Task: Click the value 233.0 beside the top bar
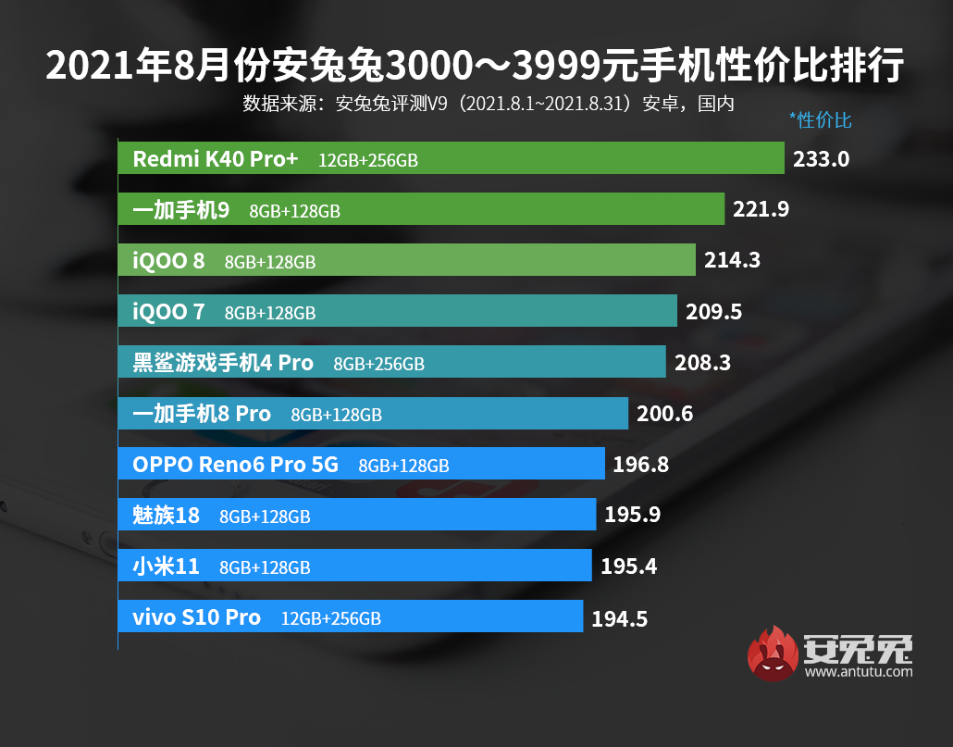coord(821,158)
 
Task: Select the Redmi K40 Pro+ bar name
coord(216,159)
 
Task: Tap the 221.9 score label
coord(761,209)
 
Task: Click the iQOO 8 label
coord(168,261)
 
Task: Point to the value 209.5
coord(713,312)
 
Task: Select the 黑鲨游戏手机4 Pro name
coord(223,363)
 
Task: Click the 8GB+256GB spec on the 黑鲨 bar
coord(378,364)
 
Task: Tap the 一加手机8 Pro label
coord(202,414)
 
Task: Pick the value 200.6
coord(664,414)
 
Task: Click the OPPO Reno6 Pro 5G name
coord(236,465)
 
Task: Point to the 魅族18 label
coord(166,516)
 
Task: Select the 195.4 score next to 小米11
coord(628,566)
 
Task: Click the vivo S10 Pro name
coord(196,617)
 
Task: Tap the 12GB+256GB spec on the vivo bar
coord(331,618)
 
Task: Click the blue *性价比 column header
coord(820,120)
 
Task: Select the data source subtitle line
coord(489,103)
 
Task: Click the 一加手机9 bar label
coord(181,210)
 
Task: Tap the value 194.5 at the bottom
coord(619,617)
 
